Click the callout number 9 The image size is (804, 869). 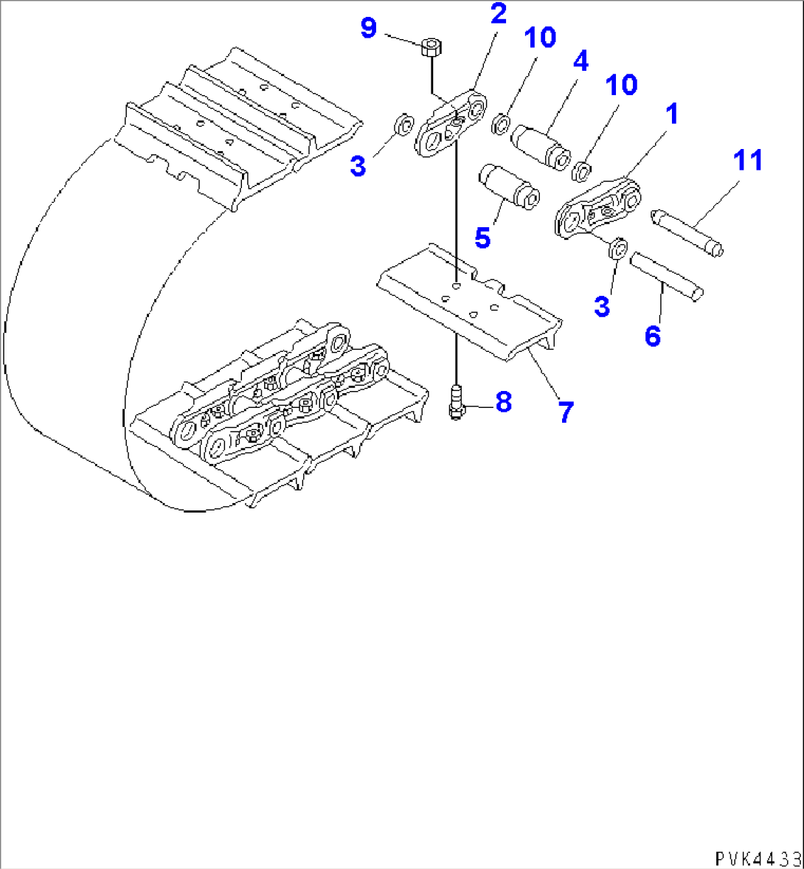tap(369, 29)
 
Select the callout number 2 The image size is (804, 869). tap(499, 14)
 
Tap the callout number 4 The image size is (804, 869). tap(581, 60)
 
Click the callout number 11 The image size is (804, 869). tap(748, 160)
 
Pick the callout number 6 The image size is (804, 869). tap(652, 336)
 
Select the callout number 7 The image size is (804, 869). tap(565, 412)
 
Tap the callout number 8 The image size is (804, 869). tap(502, 402)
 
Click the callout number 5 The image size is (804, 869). tap(482, 238)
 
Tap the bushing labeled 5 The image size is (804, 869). tap(508, 187)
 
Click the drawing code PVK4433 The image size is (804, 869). tap(757, 859)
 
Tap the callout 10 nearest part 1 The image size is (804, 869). tap(621, 85)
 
